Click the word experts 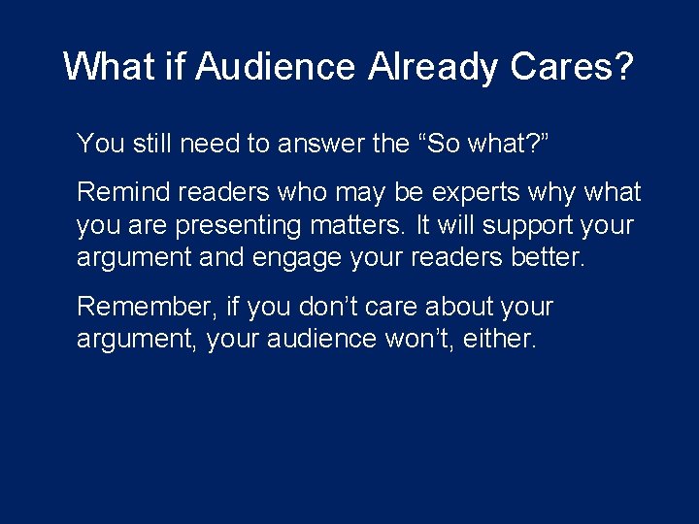click(x=469, y=192)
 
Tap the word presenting click(x=249, y=226)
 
